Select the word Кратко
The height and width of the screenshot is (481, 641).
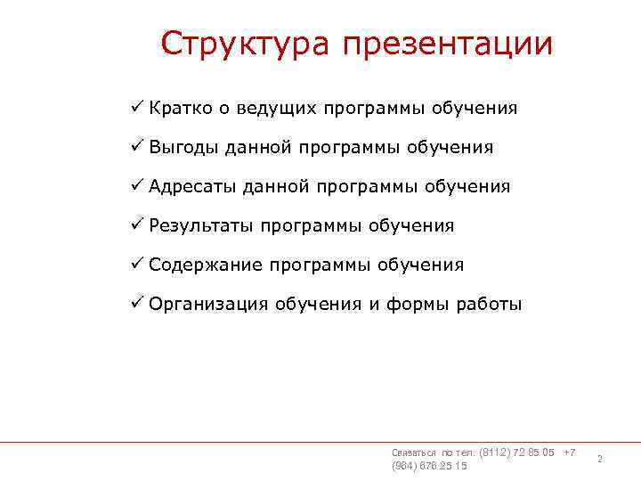point(180,109)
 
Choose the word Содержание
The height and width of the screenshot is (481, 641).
point(206,265)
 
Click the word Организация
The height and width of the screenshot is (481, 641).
point(208,305)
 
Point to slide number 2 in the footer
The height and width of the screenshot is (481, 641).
point(599,460)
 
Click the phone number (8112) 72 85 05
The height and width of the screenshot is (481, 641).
point(516,452)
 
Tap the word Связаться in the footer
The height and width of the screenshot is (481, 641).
point(414,453)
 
